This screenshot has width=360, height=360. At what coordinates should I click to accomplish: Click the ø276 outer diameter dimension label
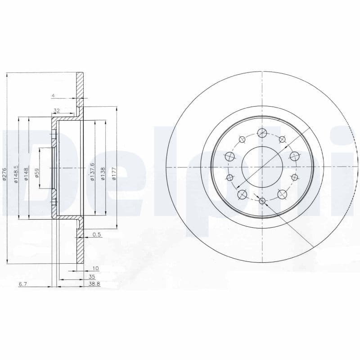(x=4, y=173)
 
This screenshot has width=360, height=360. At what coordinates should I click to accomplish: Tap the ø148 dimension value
(x=27, y=173)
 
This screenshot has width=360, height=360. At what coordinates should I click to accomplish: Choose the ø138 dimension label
(x=103, y=173)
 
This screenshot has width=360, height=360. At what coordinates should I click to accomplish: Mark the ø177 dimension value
(x=114, y=173)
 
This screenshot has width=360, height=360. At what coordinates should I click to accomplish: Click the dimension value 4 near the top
(x=53, y=95)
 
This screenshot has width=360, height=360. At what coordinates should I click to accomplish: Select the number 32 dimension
(x=57, y=110)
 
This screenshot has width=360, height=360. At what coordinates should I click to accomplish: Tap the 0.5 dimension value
(x=96, y=234)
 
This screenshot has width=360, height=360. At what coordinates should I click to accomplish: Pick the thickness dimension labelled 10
(x=95, y=268)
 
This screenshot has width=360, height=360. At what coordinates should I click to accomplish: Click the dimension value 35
(x=92, y=277)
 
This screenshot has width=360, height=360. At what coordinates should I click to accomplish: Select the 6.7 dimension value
(x=22, y=284)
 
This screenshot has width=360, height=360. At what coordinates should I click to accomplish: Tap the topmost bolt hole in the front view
(x=262, y=133)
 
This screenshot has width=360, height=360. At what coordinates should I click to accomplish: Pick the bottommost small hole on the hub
(x=262, y=201)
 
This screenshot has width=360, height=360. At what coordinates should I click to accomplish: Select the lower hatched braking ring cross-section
(x=80, y=247)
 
